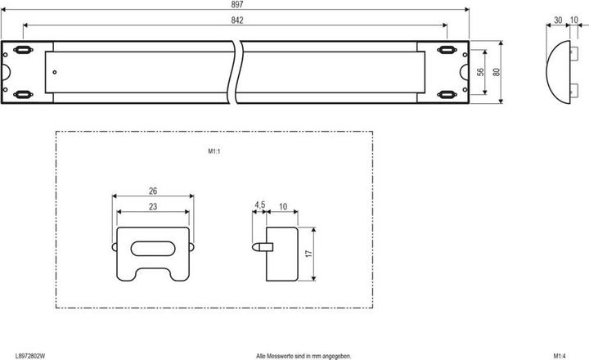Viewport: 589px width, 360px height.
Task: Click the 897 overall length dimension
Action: pyautogui.click(x=236, y=6)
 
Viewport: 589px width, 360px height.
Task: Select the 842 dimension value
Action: pyautogui.click(x=236, y=20)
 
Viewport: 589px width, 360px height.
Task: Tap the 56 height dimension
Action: pyautogui.click(x=481, y=72)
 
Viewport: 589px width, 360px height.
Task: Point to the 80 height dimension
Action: pyautogui.click(x=496, y=72)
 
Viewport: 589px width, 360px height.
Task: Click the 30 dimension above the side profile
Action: pyautogui.click(x=557, y=20)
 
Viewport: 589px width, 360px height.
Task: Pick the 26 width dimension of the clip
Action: pyautogui.click(x=153, y=191)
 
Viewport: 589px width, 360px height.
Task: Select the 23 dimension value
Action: pyautogui.click(x=153, y=207)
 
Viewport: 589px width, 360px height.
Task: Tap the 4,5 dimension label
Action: pyautogui.click(x=259, y=205)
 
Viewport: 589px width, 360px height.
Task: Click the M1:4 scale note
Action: pyautogui.click(x=560, y=355)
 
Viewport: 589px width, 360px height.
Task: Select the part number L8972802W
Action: pyautogui.click(x=31, y=355)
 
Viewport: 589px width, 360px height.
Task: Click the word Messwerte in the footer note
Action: pyautogui.click(x=284, y=355)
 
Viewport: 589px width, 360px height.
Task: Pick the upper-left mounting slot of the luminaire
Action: pyautogui.click(x=25, y=52)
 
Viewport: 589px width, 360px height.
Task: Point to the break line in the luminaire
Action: pyautogui.click(x=236, y=72)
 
